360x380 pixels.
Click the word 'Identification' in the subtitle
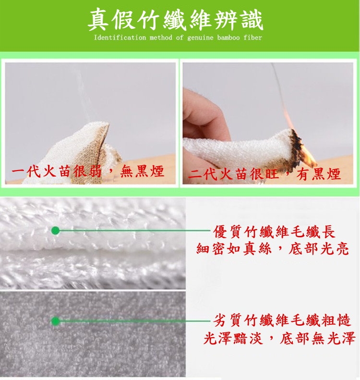tap(120, 37)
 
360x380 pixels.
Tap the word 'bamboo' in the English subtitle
tap(228, 37)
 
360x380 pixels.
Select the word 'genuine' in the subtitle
tap(201, 38)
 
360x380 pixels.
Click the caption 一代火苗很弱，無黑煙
tap(88, 172)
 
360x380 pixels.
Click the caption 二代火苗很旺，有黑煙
tap(264, 173)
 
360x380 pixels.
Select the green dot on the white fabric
tap(56, 231)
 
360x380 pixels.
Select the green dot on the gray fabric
tap(56, 321)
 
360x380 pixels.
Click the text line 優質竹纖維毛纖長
tap(274, 232)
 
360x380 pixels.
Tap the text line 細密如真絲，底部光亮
tap(272, 249)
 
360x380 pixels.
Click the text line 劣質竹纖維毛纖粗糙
tap(282, 320)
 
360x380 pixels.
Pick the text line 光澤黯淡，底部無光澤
tap(279, 338)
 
